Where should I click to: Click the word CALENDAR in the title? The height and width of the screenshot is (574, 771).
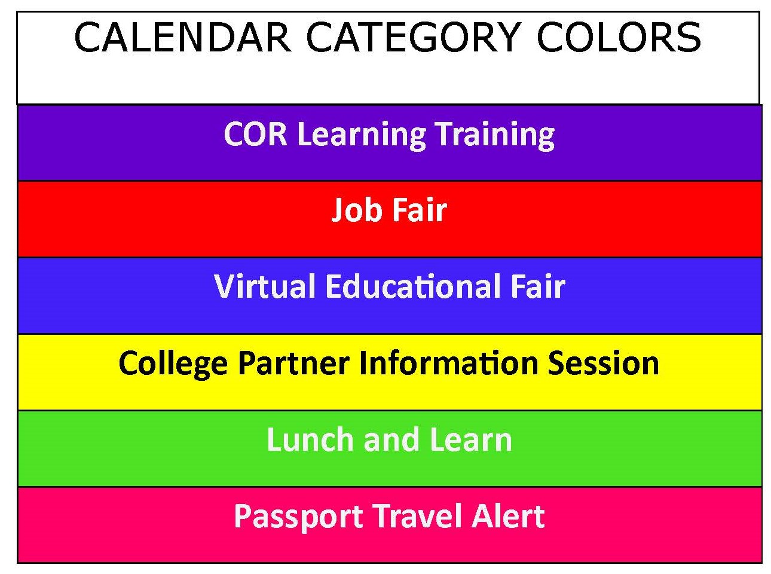pyautogui.click(x=182, y=38)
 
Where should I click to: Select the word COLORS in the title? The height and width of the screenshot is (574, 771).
pyautogui.click(x=619, y=38)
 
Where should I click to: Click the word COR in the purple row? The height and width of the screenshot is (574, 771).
pyautogui.click(x=255, y=134)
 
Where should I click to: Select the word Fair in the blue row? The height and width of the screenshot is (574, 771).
pyautogui.click(x=537, y=286)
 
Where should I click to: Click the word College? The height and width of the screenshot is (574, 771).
pyautogui.click(x=173, y=364)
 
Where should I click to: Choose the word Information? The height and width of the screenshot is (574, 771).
pyautogui.click(x=443, y=363)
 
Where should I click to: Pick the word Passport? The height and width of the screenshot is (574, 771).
pyautogui.click(x=298, y=517)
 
